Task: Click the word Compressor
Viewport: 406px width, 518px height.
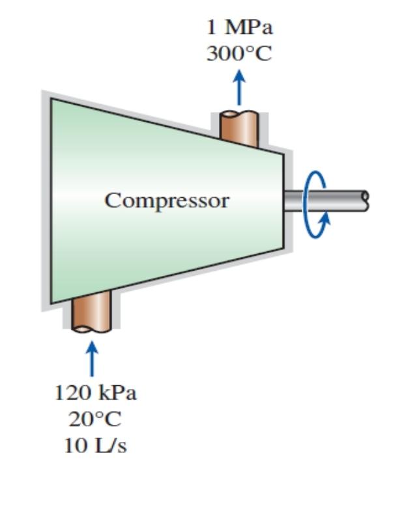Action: [167, 200]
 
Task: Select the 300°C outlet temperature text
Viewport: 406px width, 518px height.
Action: [239, 54]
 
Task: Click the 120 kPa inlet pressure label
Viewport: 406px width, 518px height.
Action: [95, 393]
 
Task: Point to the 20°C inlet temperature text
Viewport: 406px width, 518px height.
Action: [95, 419]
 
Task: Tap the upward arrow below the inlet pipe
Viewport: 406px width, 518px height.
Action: [92, 359]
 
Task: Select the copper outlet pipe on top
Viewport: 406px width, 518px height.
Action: [239, 126]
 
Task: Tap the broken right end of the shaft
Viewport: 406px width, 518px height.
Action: [365, 200]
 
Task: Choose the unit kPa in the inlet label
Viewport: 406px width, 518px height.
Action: [114, 393]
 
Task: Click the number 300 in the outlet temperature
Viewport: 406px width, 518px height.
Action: [224, 54]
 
